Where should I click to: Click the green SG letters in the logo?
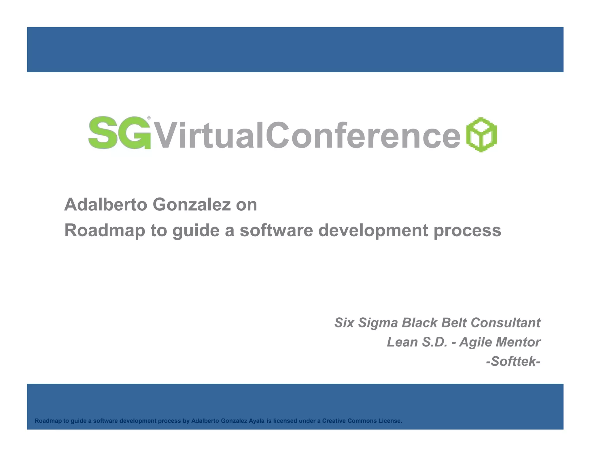[x=119, y=133]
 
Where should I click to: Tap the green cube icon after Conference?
[x=481, y=134]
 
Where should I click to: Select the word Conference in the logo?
[x=363, y=135]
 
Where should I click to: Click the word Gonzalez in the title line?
[x=192, y=205]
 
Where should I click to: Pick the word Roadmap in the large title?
[x=105, y=231]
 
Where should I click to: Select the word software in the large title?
[x=276, y=231]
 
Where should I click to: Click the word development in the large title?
[x=373, y=231]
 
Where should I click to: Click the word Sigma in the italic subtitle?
[x=378, y=323]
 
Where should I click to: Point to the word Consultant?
[x=505, y=323]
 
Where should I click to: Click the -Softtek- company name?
[x=513, y=361]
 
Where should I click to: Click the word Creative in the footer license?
[x=334, y=421]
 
